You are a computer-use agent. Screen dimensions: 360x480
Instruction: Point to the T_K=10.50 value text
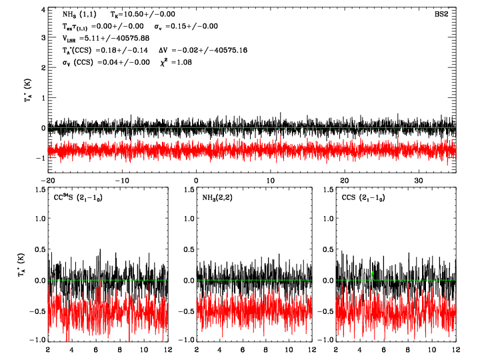pos(140,13)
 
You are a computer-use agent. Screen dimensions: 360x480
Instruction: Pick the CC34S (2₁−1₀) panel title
pos(78,198)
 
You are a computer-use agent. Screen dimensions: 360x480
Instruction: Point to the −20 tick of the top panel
pos(48,181)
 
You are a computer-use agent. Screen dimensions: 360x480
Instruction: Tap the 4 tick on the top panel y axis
pos(42,11)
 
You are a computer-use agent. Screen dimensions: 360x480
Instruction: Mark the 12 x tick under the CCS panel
pos(456,349)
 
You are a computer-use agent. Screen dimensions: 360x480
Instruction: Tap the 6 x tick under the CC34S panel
pos(96,349)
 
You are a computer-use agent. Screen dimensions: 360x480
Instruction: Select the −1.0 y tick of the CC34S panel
pos(35,340)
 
